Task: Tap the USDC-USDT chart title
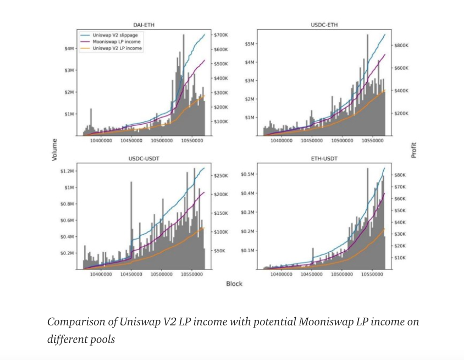(143, 159)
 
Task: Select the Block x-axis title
(234, 284)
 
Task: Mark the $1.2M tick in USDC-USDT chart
(68, 171)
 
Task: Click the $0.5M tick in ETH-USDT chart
(247, 174)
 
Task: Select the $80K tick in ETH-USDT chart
(400, 175)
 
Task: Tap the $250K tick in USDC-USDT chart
(221, 175)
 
